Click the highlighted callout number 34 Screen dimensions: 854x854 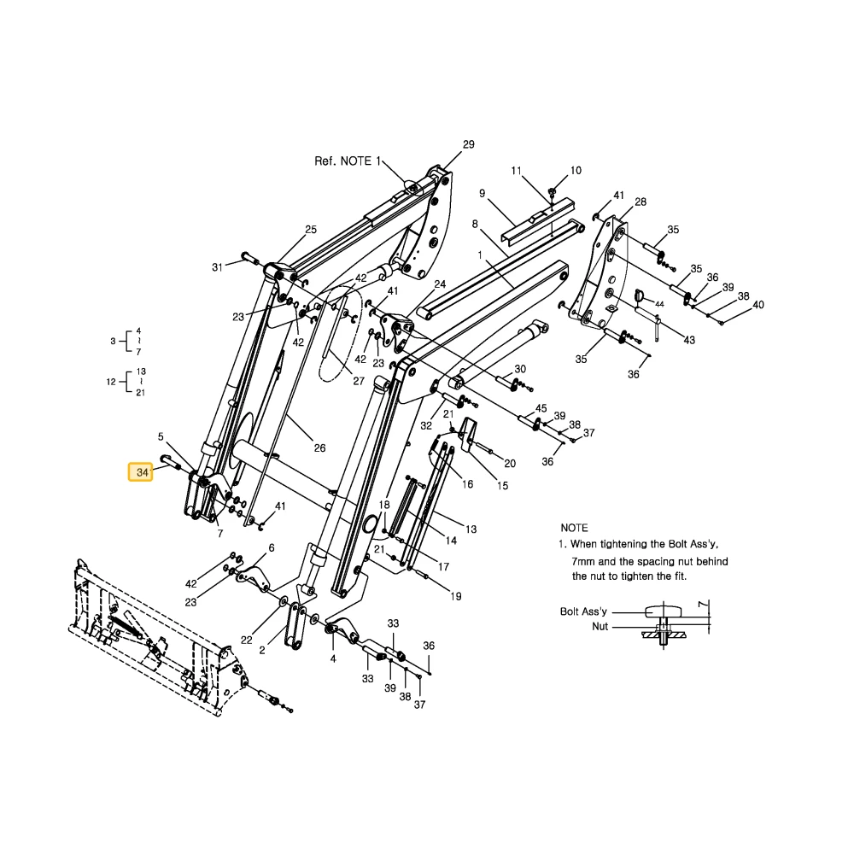click(142, 472)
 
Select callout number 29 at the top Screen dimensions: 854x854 click(468, 144)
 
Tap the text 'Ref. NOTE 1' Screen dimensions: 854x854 click(348, 161)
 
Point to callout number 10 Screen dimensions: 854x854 click(576, 171)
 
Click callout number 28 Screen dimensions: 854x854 click(640, 202)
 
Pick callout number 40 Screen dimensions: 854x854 click(758, 305)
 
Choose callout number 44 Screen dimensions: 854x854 click(659, 304)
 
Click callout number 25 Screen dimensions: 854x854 click(311, 229)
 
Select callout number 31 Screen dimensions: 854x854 click(217, 266)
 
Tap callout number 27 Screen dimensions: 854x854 click(359, 381)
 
